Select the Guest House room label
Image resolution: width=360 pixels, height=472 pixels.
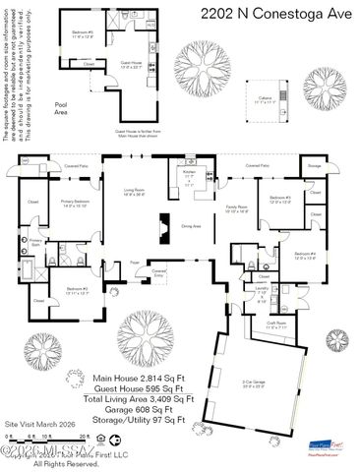pos(132,65)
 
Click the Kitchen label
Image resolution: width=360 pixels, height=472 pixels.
pos(190,173)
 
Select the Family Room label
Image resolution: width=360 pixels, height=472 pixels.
pos(237,208)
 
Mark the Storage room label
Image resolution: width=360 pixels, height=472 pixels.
pos(314,167)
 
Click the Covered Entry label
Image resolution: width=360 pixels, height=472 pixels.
pos(158,270)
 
